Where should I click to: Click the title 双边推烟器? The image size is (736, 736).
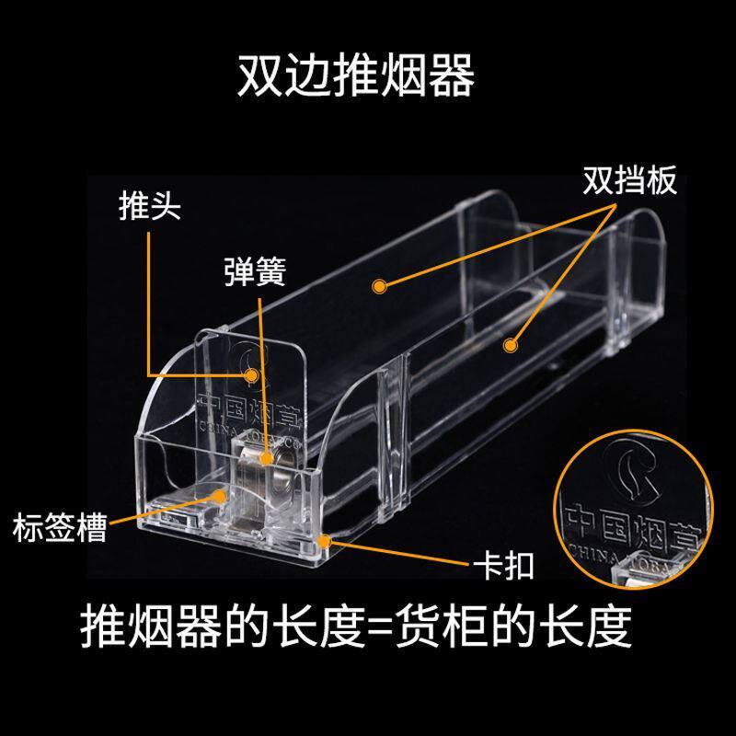356,77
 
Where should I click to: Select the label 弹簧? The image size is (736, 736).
255,271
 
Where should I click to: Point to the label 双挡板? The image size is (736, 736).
630,180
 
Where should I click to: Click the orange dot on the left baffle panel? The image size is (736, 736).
378,287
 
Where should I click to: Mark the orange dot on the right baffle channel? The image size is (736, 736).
507,344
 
